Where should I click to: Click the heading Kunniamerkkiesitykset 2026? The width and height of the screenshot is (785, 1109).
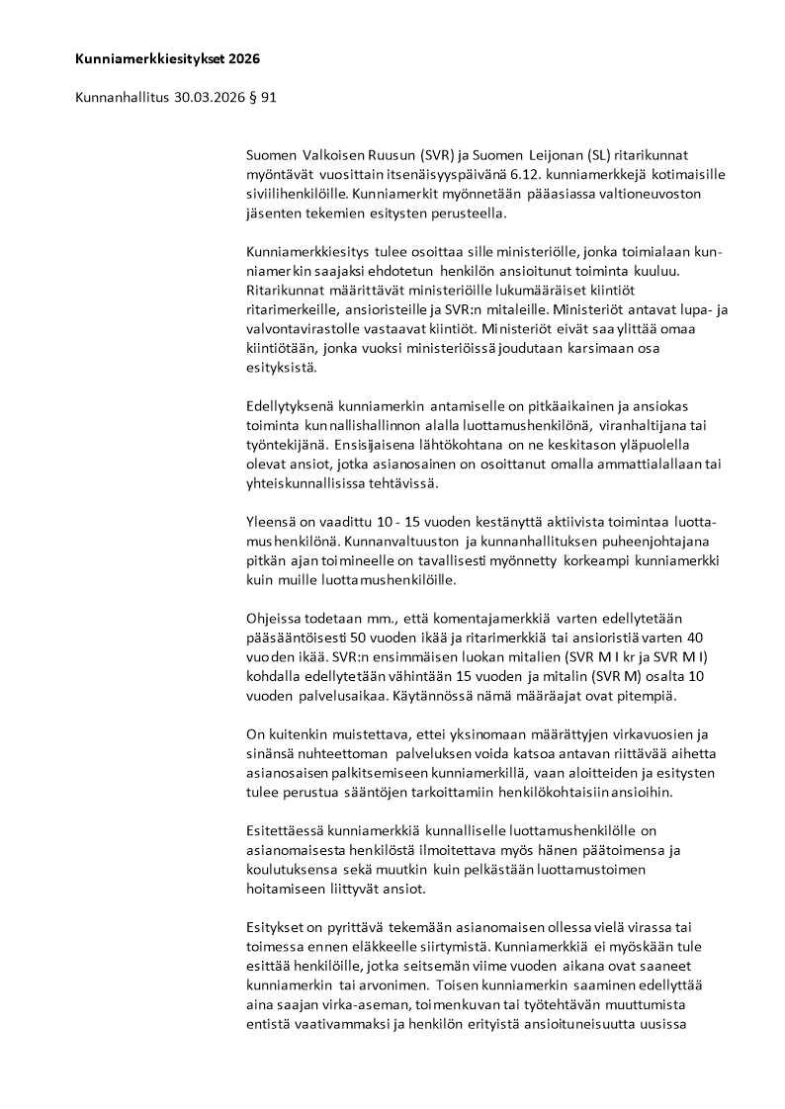167,59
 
